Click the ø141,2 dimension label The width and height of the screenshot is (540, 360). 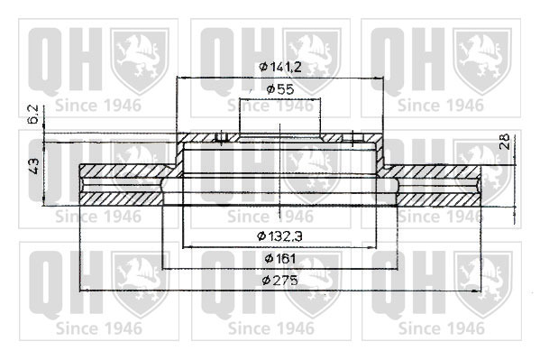(280, 67)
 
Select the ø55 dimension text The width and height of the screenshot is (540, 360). (280, 89)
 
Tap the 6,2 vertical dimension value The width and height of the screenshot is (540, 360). (33, 114)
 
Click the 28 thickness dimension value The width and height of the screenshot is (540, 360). (504, 141)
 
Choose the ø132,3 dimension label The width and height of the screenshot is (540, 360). (280, 236)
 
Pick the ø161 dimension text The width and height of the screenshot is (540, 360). (280, 258)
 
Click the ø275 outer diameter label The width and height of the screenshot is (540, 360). (279, 281)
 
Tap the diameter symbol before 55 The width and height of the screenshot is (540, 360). (270, 89)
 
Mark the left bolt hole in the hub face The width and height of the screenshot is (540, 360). (221, 137)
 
